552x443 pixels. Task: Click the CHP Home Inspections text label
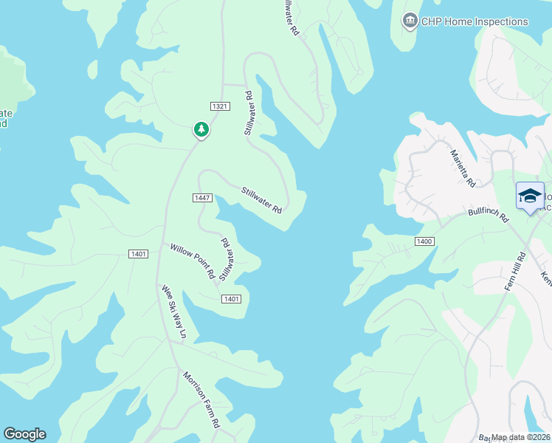click(475, 21)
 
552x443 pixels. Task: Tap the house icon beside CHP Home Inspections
click(410, 21)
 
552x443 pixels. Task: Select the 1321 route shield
click(220, 106)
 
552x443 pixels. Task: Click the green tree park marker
click(201, 129)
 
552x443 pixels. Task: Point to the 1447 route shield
click(203, 197)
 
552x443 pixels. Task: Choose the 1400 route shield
click(424, 241)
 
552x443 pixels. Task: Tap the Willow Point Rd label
click(192, 261)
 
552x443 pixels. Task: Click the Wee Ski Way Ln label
click(174, 312)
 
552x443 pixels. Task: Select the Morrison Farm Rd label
click(201, 399)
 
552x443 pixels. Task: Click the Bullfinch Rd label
click(489, 215)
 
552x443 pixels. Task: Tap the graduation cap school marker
click(529, 196)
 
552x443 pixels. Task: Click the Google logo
click(24, 434)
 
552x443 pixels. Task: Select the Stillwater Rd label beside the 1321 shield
click(249, 113)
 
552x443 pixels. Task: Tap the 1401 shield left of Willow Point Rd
click(137, 254)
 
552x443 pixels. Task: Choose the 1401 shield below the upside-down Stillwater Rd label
click(231, 298)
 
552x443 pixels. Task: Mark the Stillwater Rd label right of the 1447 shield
click(262, 199)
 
